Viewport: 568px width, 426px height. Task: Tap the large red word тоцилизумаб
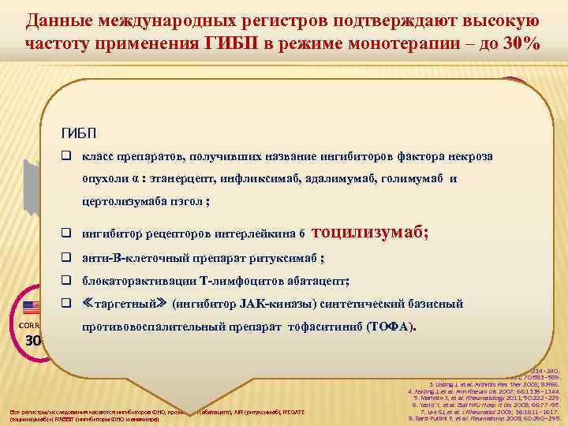tap(371, 233)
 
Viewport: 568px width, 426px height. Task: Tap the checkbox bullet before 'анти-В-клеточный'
tap(68, 259)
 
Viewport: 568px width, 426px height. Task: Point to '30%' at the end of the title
tap(519, 43)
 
